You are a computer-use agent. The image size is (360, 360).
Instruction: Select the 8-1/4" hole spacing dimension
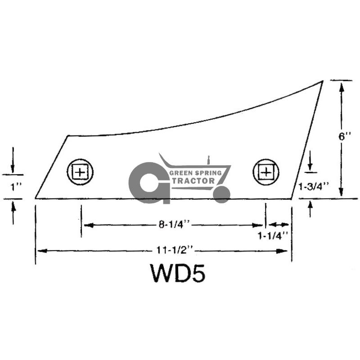coord(174,225)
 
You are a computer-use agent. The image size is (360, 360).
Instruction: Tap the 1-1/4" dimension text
coord(273,236)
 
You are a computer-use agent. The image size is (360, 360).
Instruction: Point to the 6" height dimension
coord(345,137)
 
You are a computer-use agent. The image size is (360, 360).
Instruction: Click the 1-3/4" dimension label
coord(314,186)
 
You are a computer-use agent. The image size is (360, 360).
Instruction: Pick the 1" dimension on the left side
coord(16,187)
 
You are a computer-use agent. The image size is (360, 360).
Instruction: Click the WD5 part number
coord(177,273)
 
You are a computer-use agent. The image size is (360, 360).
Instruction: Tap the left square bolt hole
coord(80,172)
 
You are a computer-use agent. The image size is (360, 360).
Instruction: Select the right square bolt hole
coord(266,172)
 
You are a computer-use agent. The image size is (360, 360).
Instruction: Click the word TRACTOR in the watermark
coord(193,181)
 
